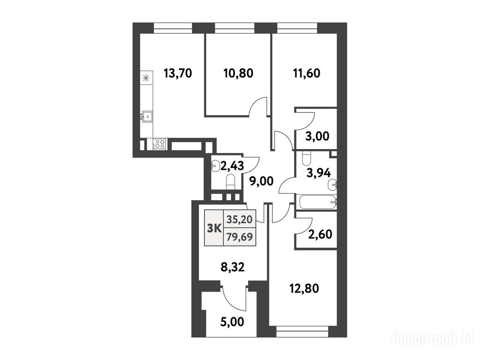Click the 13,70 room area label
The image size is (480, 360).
click(x=178, y=74)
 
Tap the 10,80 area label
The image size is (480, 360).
click(x=239, y=74)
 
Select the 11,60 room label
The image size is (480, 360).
click(x=307, y=74)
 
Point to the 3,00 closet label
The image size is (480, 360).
click(x=317, y=136)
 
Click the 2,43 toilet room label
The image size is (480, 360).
click(x=232, y=165)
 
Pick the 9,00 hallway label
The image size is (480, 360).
click(x=261, y=181)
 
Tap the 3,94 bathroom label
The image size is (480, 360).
click(x=319, y=173)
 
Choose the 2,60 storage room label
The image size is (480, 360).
click(x=320, y=234)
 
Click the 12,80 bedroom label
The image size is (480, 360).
click(x=304, y=288)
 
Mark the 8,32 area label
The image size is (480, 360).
click(x=232, y=267)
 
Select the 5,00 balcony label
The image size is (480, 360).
click(x=232, y=322)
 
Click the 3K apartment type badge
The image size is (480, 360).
click(x=214, y=228)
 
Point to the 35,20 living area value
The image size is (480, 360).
click(x=240, y=219)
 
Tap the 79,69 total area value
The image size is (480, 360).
click(x=240, y=237)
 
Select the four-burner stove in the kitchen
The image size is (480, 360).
click(x=159, y=144)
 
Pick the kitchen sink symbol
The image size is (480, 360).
click(x=147, y=116)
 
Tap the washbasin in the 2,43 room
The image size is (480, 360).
click(x=216, y=166)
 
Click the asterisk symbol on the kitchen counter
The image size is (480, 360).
click(x=146, y=78)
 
